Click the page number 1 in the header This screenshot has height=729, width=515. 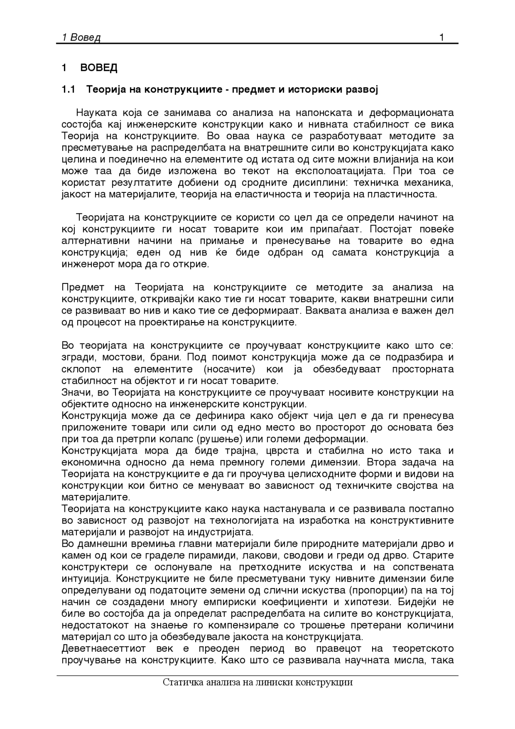coord(441,38)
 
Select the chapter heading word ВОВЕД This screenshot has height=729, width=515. coord(99,68)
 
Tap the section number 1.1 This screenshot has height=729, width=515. coord(68,89)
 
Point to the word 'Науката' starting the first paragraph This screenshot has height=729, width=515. coord(94,112)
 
